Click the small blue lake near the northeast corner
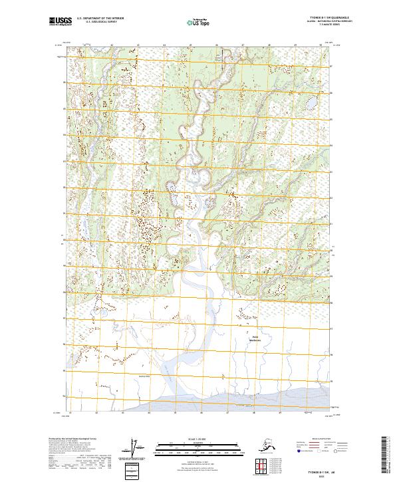tap(310, 104)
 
